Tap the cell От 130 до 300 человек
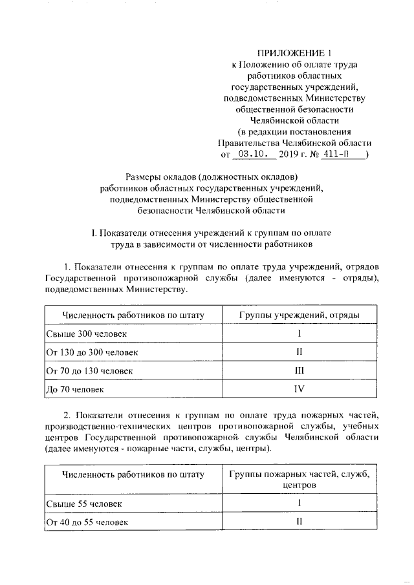click(x=92, y=352)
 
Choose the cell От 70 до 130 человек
click(x=89, y=370)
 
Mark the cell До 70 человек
click(x=75, y=389)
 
